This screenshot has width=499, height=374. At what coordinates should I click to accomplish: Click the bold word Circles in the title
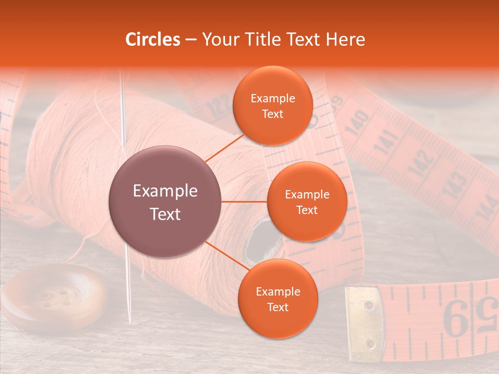point(152,39)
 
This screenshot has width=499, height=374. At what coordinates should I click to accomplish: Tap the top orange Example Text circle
point(272,105)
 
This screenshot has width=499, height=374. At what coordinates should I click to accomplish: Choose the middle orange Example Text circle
point(307,202)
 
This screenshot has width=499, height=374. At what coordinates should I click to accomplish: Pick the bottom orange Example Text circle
point(278,299)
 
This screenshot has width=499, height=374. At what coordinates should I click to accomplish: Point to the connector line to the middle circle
point(244,202)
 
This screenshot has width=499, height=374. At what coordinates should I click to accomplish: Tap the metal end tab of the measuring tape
point(364,323)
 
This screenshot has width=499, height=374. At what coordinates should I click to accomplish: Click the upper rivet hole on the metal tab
point(369,305)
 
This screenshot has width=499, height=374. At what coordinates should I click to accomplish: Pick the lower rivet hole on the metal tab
point(370,343)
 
